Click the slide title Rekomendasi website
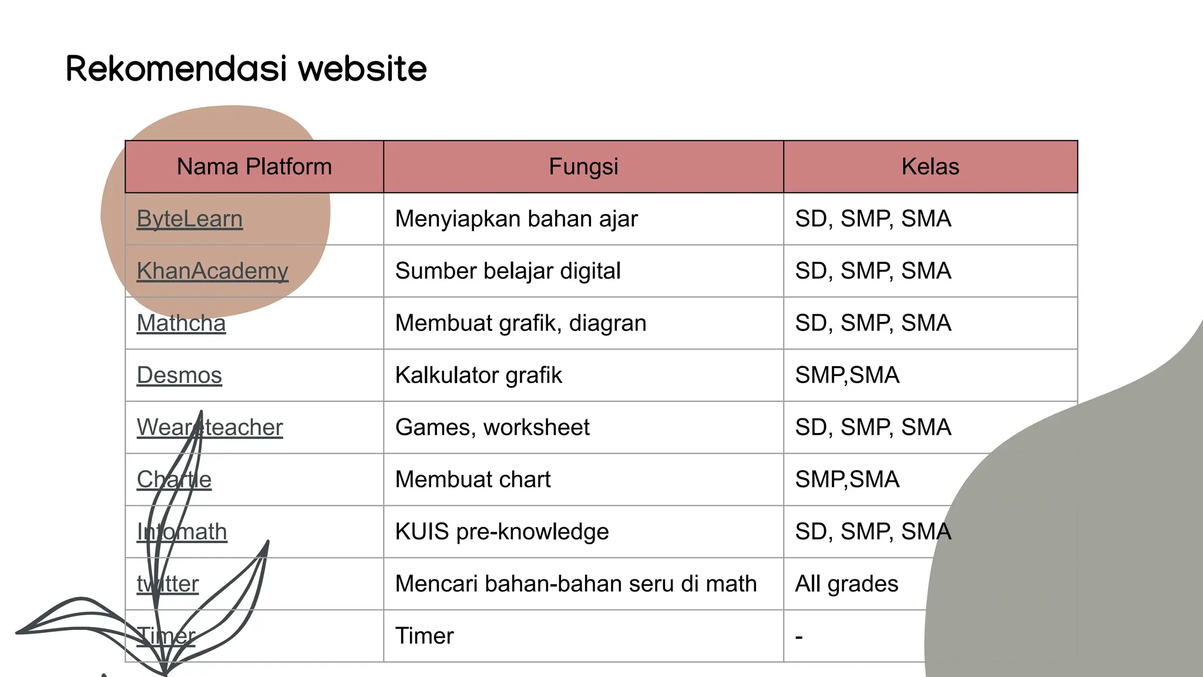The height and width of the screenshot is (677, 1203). [246, 69]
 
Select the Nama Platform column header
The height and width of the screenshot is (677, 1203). [254, 167]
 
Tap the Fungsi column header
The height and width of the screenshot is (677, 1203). [583, 167]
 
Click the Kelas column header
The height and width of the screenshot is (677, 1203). [930, 167]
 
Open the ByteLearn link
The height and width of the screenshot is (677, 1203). [189, 219]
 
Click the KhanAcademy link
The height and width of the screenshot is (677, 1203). [212, 272]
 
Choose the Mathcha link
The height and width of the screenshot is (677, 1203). [181, 324]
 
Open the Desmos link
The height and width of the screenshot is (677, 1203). [179, 376]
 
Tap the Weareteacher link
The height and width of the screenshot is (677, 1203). [210, 428]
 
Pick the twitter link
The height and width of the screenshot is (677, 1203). [168, 584]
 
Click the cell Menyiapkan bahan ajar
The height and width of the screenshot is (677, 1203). [516, 219]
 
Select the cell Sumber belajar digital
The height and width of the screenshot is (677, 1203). [508, 272]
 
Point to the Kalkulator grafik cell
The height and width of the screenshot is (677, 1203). [478, 376]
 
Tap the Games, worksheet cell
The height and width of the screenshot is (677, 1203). [492, 428]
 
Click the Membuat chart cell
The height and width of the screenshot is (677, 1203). [473, 480]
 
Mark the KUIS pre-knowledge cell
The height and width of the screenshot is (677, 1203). [502, 532]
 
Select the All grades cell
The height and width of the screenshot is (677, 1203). [846, 584]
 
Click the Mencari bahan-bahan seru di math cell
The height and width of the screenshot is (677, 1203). [576, 584]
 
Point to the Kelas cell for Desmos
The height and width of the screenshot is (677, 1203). [847, 376]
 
